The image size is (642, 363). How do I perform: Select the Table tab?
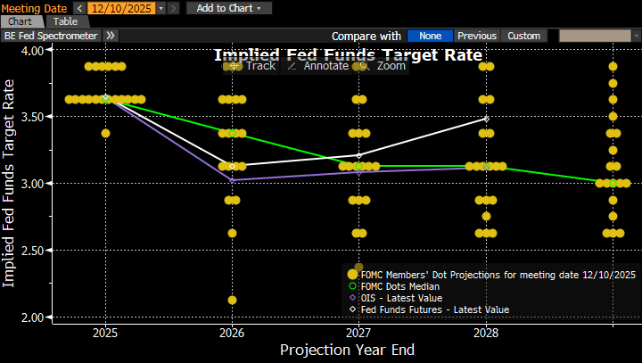point(65,21)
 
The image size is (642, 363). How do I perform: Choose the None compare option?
point(431,36)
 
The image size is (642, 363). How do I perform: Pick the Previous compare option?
point(477,36)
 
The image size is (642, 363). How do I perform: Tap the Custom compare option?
point(523,36)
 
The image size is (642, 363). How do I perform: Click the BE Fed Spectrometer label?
point(52,36)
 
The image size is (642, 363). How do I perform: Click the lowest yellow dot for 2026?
point(232,300)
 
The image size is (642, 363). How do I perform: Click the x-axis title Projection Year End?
point(347,350)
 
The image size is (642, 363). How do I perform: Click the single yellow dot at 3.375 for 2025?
point(105,133)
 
